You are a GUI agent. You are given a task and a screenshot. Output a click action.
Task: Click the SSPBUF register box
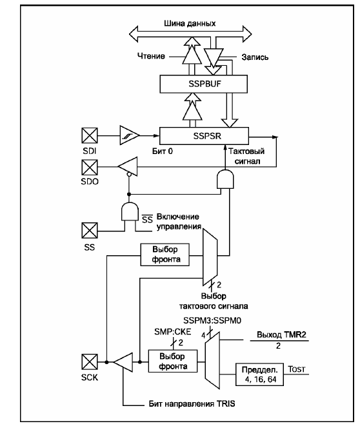[x=203, y=84]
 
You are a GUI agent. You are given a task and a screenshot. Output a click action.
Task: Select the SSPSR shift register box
[x=204, y=136]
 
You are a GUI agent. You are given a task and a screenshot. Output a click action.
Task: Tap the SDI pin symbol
[x=90, y=135]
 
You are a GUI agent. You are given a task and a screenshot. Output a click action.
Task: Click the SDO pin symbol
[x=90, y=167]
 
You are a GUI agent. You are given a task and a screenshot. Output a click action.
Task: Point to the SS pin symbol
[x=90, y=230]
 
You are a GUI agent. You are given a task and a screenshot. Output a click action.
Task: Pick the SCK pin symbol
[x=90, y=362]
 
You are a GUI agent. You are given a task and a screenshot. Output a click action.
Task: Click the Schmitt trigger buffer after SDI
[x=130, y=135]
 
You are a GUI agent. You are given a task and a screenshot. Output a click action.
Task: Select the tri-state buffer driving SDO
[x=128, y=166]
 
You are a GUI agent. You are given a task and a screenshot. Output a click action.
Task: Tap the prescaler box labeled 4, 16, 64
[x=259, y=374]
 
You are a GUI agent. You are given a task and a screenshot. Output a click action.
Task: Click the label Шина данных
[x=190, y=23]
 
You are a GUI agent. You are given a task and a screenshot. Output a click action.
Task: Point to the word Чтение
[x=151, y=56]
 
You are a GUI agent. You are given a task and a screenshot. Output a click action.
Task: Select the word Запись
[x=255, y=57]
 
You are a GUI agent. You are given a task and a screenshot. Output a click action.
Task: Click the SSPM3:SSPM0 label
[x=212, y=320]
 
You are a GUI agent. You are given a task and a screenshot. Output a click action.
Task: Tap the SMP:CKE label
[x=173, y=332]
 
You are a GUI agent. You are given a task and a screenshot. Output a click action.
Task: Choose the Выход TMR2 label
[x=281, y=334]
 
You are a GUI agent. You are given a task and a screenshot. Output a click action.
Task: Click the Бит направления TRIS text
[x=192, y=403]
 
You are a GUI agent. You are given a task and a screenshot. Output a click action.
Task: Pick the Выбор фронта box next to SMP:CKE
[x=173, y=361]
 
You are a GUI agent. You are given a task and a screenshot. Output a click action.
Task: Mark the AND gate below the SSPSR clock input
[x=225, y=179]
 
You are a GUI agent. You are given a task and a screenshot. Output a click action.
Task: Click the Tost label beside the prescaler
[x=296, y=369]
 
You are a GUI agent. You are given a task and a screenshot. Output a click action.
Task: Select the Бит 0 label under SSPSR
[x=163, y=151]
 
